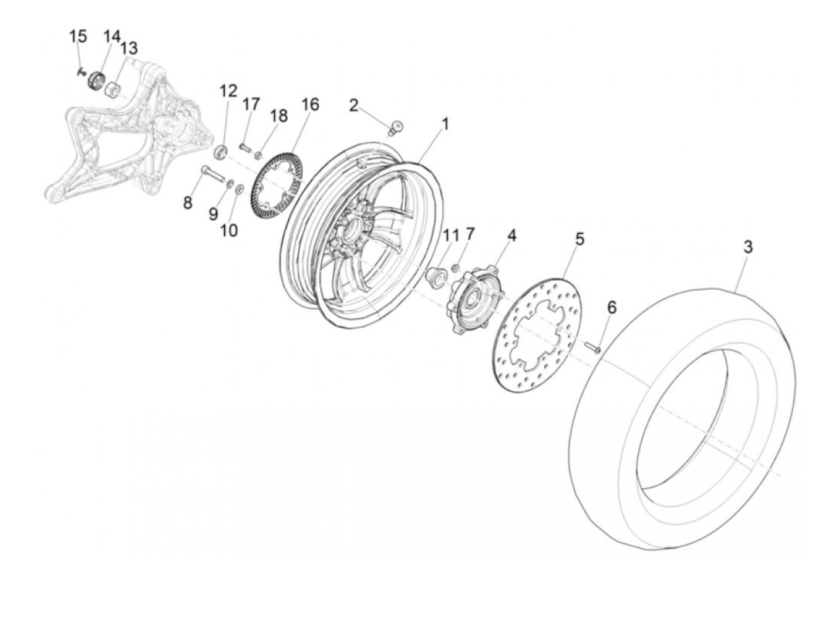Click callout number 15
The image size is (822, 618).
tap(78, 36)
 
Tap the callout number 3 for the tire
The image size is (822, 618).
tap(747, 247)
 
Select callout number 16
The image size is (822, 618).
tap(310, 105)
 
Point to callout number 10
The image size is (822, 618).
tap(229, 230)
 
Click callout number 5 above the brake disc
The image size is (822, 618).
tap(579, 239)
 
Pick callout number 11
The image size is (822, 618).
tap(451, 236)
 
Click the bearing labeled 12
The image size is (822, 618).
tap(221, 152)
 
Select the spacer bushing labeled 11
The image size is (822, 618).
tap(436, 275)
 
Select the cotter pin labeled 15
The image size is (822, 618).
tap(80, 72)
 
